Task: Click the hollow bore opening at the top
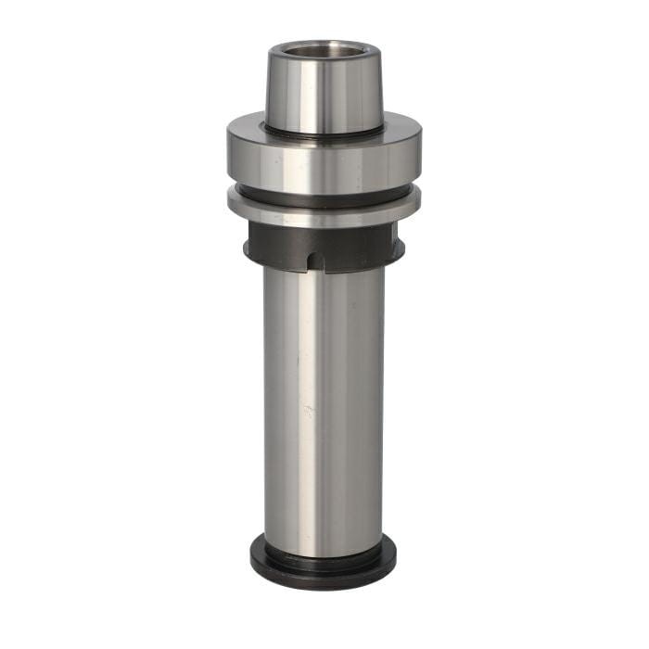(x=324, y=50)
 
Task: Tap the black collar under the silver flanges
(x=278, y=247)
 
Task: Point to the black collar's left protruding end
(x=248, y=248)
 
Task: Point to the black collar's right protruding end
(x=400, y=248)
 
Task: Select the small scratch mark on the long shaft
(x=310, y=408)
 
